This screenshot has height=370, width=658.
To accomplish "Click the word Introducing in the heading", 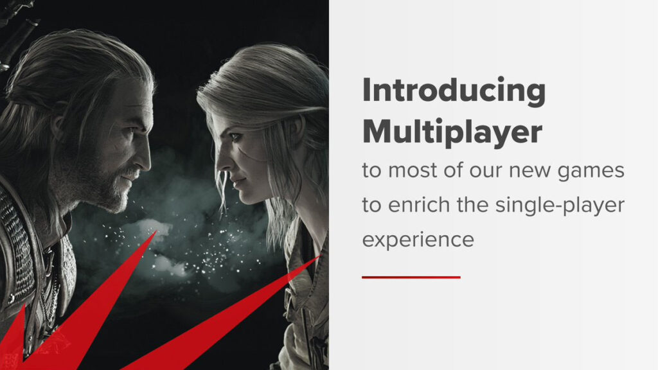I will coord(454,92).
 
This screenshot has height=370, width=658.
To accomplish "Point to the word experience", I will coord(418,240).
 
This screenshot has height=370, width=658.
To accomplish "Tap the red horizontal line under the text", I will coord(411,277).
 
